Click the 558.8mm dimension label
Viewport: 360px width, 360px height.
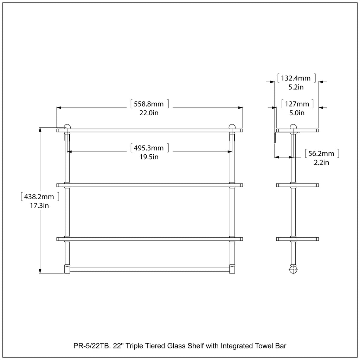(149, 104)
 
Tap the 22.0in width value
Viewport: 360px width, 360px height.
(149, 113)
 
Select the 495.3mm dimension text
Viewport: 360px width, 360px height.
(149, 148)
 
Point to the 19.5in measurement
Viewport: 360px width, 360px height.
(149, 157)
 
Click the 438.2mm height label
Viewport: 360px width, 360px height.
(39, 197)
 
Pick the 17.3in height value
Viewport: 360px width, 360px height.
(39, 206)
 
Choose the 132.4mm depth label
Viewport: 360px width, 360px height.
(296, 78)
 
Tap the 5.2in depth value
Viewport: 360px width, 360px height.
(296, 87)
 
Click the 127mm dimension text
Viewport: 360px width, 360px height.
(297, 104)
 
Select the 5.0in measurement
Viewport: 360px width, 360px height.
(297, 113)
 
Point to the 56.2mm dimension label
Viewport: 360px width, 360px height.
(321, 154)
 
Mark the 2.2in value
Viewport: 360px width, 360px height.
(321, 162)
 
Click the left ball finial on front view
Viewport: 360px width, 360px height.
(67, 127)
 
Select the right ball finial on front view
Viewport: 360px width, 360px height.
(232, 127)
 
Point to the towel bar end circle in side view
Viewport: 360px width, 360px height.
(293, 270)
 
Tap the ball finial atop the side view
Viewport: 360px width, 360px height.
(293, 127)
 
